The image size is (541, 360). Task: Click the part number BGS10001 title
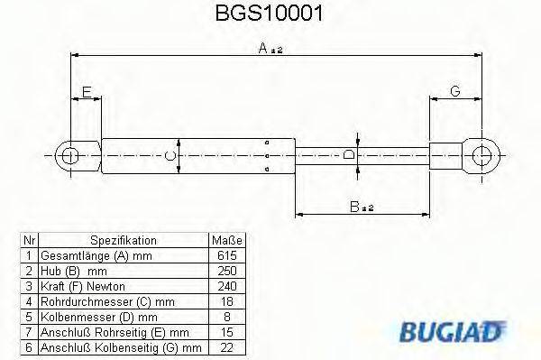[270, 14]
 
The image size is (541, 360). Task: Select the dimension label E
[86, 91]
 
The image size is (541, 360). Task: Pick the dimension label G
[454, 91]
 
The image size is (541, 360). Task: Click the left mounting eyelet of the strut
[70, 155]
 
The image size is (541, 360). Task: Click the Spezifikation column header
[124, 241]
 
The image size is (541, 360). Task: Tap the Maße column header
[227, 241]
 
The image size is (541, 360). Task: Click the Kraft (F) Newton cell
[78, 285]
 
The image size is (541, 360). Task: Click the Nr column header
[29, 241]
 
